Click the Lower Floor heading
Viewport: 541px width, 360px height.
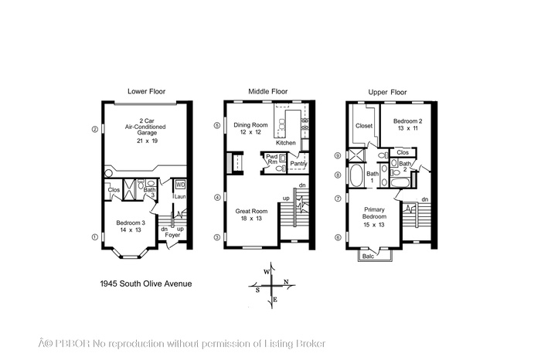tap(146, 91)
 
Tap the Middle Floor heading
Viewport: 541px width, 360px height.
tap(267, 91)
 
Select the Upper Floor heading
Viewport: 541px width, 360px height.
tap(387, 92)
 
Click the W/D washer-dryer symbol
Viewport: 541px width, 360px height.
tap(180, 185)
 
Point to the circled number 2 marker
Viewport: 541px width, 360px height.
tap(94, 130)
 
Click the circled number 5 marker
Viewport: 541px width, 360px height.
tap(217, 125)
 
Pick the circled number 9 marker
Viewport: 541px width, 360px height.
tap(339, 155)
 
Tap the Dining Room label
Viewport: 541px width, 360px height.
tap(250, 125)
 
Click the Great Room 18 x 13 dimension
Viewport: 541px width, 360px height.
tap(251, 219)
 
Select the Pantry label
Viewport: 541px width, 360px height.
tap(298, 164)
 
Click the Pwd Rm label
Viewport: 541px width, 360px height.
tap(272, 159)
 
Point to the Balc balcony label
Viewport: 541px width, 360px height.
tap(368, 256)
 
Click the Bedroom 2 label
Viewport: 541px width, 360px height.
tap(407, 121)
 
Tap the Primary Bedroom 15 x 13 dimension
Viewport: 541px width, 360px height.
tap(374, 225)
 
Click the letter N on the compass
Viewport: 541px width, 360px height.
tap(286, 282)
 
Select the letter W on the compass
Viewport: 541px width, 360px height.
tap(267, 272)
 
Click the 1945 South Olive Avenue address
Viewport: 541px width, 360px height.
tap(145, 284)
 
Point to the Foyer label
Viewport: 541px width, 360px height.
tap(172, 235)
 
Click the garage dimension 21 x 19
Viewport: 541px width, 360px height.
tap(147, 141)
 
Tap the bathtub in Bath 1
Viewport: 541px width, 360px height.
tap(356, 175)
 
